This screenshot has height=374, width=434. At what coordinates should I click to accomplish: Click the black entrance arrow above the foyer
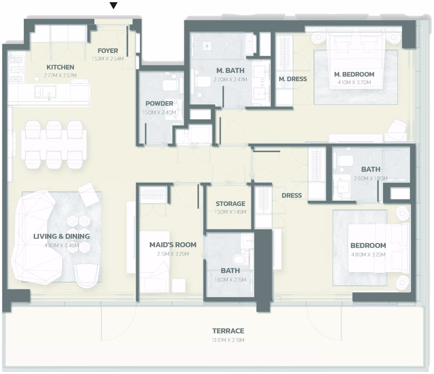[113, 6]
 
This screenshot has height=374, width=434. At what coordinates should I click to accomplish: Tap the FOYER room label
[108, 51]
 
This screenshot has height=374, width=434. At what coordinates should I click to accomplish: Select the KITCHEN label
[60, 67]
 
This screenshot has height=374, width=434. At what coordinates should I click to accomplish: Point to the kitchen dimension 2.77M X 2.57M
[60, 75]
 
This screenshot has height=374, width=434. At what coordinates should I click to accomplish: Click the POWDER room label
[159, 103]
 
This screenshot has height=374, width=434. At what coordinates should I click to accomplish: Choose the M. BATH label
[230, 70]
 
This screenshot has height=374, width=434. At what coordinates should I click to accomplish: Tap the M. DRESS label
[293, 79]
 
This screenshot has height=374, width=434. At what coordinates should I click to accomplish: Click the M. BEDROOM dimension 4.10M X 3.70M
[354, 82]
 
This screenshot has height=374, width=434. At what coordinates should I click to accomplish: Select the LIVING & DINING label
[61, 236]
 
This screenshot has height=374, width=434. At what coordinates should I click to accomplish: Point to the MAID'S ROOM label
[173, 245]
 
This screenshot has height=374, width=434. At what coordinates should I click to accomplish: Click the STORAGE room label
[230, 204]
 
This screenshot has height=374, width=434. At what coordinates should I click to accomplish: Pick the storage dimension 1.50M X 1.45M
[230, 212]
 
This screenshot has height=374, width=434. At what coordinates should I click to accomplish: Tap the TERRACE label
[228, 331]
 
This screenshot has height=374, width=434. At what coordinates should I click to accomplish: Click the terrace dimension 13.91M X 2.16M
[228, 340]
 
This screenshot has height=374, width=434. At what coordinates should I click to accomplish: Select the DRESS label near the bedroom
[292, 195]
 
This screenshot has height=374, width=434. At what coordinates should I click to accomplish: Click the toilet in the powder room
[171, 85]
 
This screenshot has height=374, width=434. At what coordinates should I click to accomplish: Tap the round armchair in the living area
[87, 276]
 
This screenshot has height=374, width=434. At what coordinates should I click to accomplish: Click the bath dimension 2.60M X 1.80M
[371, 178]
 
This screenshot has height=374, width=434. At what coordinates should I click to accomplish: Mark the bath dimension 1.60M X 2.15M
[230, 280]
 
